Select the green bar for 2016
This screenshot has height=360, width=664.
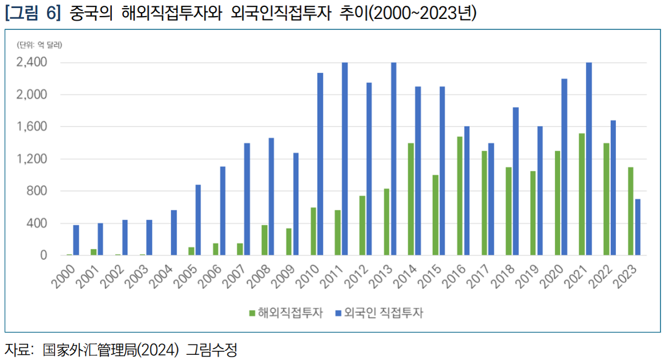click(460, 195)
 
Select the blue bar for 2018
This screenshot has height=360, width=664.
click(515, 181)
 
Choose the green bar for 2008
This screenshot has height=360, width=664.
click(265, 240)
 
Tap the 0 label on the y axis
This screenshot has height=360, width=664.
click(43, 256)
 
